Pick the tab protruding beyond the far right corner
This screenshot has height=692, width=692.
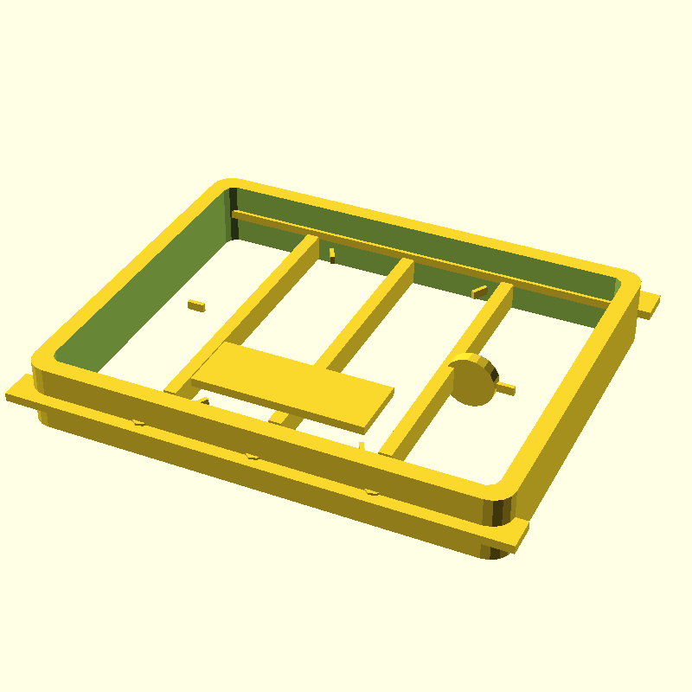click(x=649, y=304)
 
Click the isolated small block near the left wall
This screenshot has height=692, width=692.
click(x=197, y=305)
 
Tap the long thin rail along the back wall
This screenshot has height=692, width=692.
click(x=415, y=255)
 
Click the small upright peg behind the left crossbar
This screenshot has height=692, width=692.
click(x=331, y=253)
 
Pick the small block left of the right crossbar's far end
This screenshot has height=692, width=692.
click(x=479, y=292)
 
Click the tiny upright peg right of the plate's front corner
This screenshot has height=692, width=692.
click(x=362, y=445)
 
